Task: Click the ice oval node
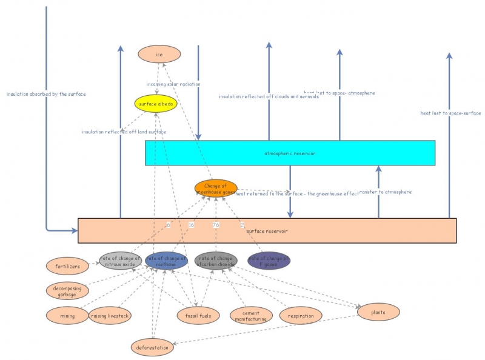(159, 55)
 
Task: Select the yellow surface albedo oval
(156, 104)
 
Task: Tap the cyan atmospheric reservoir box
(290, 153)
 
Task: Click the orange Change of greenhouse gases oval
(216, 188)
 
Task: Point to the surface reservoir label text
(267, 231)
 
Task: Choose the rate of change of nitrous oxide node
(121, 261)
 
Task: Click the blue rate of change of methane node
(166, 261)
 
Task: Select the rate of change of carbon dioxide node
(216, 261)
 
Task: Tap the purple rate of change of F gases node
(269, 261)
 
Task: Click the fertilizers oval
(67, 265)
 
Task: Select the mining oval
(67, 315)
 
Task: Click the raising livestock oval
(110, 315)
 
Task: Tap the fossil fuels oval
(198, 315)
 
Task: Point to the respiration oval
(301, 315)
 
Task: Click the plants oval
(379, 312)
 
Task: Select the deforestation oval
(152, 347)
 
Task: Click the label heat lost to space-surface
(450, 113)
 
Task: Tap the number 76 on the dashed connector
(216, 225)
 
